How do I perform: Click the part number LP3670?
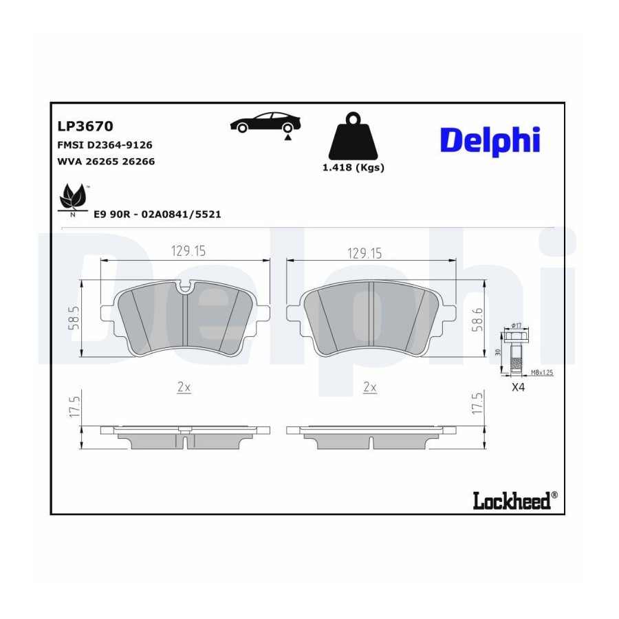tap(85, 126)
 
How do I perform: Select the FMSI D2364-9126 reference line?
tap(105, 145)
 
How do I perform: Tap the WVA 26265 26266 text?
tap(106, 162)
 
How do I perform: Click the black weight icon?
tap(353, 135)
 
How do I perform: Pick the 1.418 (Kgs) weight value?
tap(354, 168)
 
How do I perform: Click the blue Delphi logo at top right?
tap(490, 140)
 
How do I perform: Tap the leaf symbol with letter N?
tap(73, 200)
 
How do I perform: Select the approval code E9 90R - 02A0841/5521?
tap(157, 215)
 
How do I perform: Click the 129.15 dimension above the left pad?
tap(188, 251)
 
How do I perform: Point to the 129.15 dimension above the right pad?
tap(365, 253)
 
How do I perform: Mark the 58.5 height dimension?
tap(74, 318)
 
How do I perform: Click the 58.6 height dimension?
tap(478, 320)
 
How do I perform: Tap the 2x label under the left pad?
tap(184, 387)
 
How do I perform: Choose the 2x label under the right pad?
tap(370, 387)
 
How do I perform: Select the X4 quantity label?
tap(518, 387)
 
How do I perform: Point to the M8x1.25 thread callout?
tap(542, 372)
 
